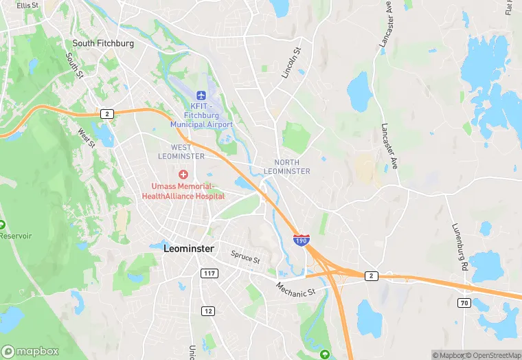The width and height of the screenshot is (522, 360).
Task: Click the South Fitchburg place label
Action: [x=104, y=43]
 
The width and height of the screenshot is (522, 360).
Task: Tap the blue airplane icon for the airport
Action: [x=201, y=95]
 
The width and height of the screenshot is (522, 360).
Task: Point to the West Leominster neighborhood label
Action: [x=188, y=152]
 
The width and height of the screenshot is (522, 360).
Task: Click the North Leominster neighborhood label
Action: [x=287, y=166]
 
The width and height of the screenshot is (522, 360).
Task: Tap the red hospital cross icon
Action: [x=183, y=175]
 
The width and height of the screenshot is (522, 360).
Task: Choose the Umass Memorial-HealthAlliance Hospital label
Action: [x=183, y=191]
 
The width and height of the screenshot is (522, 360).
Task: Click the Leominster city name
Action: [x=189, y=249]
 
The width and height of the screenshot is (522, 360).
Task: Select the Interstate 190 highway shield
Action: [x=301, y=240]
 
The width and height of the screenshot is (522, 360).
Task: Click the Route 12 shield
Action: [x=207, y=311]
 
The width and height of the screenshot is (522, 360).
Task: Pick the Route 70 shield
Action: [x=464, y=303]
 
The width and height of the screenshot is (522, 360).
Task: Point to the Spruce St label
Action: [x=245, y=258]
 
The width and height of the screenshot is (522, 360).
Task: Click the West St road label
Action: [x=86, y=137]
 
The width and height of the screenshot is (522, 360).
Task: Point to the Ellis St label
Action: [x=28, y=5]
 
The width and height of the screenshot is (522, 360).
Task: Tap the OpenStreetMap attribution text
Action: [x=493, y=355]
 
